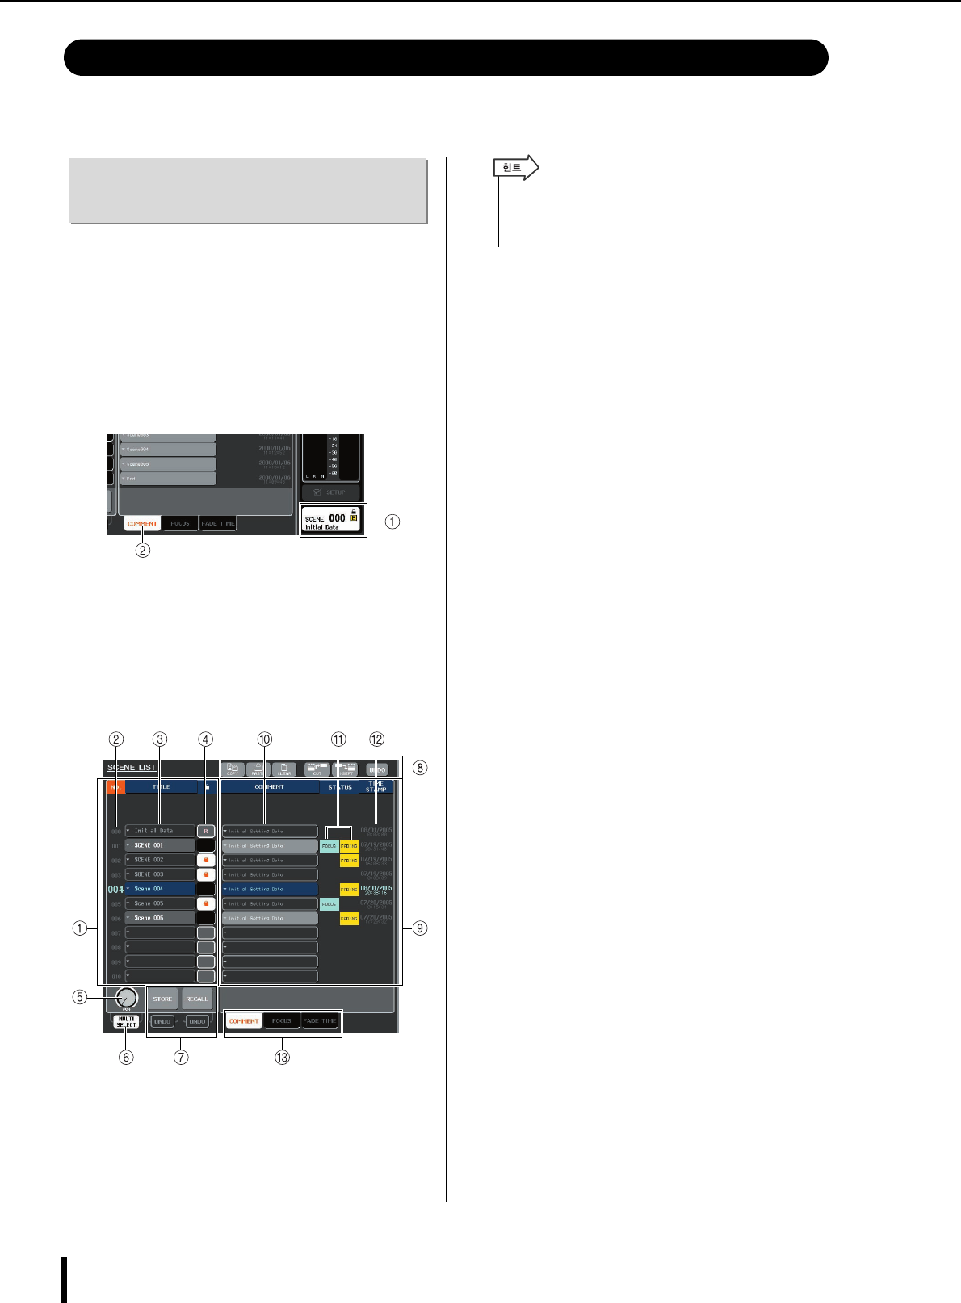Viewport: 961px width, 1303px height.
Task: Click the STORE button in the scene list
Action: [x=162, y=999]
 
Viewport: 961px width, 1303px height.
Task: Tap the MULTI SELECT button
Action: [x=126, y=1021]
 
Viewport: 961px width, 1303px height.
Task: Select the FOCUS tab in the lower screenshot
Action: [x=281, y=1021]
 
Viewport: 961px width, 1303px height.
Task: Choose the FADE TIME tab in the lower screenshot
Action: [x=319, y=1021]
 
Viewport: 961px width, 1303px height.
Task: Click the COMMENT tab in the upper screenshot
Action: [x=142, y=524]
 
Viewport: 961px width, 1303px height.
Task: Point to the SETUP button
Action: [x=331, y=492]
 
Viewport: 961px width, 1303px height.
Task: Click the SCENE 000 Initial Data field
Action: [x=332, y=519]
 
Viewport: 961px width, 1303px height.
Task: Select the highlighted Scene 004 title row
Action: [x=160, y=889]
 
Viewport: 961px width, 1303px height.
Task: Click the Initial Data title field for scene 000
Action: [x=160, y=831]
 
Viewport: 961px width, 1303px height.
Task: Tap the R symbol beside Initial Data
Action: [x=206, y=831]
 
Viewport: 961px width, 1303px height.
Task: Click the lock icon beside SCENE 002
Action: [x=206, y=860]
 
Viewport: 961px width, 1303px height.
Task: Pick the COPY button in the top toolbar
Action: [x=233, y=770]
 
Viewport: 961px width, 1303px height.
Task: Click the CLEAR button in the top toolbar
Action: [x=284, y=770]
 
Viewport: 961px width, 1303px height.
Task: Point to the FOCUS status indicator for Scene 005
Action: [x=329, y=904]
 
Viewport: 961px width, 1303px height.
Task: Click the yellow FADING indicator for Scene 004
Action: [x=349, y=890]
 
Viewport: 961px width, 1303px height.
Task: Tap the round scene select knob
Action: [x=127, y=998]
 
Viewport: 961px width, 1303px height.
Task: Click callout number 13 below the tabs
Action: [x=282, y=1057]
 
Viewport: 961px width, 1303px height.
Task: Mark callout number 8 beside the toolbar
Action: [x=420, y=768]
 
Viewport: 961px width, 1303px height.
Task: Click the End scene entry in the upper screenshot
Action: [x=168, y=479]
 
